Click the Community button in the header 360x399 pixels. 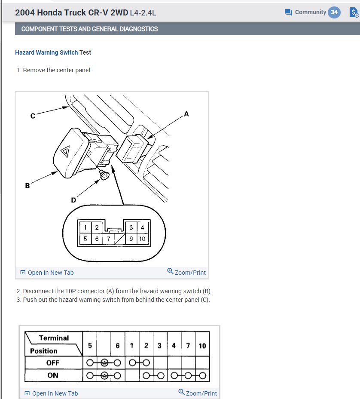tap(305, 12)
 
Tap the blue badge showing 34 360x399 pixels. tap(334, 12)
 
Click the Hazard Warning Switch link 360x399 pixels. tap(46, 52)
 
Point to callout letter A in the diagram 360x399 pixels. tap(186, 114)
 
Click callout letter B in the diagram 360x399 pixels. tap(27, 186)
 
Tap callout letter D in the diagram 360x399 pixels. tap(73, 199)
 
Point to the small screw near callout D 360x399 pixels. tap(104, 175)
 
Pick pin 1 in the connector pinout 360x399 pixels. tap(85, 227)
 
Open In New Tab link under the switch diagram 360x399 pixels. tap(47, 273)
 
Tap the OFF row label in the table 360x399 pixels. tap(53, 362)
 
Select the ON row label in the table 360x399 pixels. tap(53, 375)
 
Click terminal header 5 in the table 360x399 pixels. tap(90, 345)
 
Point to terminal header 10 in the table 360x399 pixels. tap(202, 345)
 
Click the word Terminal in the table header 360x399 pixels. tap(54, 338)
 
